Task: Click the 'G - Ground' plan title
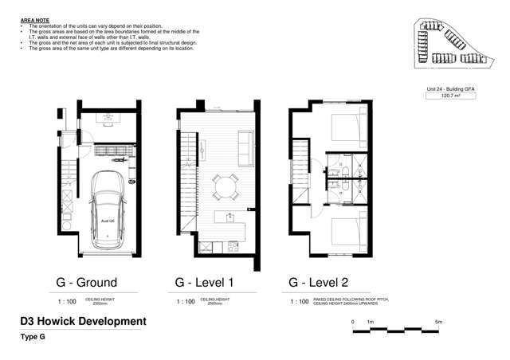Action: tap(86, 282)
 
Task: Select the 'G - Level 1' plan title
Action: tap(204, 282)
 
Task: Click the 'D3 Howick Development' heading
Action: tap(83, 322)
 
